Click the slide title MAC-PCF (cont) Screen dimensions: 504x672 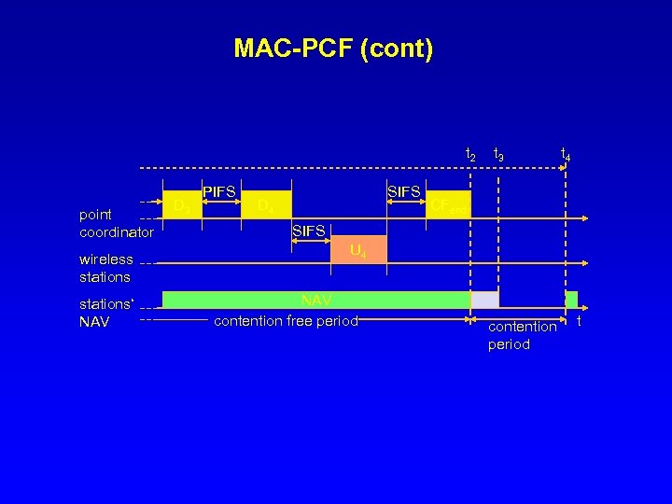click(x=333, y=48)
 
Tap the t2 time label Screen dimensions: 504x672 click(x=471, y=155)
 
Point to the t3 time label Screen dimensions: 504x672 click(x=499, y=155)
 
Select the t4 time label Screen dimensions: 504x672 click(x=566, y=155)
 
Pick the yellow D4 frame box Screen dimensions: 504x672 click(x=266, y=204)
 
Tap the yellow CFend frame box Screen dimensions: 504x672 click(x=448, y=204)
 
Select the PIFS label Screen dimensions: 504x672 click(x=219, y=192)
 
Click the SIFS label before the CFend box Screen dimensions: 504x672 click(x=404, y=192)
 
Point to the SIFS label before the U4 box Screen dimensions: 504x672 click(x=309, y=231)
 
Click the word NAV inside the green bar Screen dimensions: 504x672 click(x=316, y=300)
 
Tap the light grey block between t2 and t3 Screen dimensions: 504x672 click(x=484, y=300)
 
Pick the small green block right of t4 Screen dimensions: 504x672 click(x=571, y=300)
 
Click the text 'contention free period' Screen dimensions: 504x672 click(x=286, y=321)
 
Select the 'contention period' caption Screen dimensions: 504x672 click(x=522, y=335)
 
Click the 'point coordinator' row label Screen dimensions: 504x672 click(x=116, y=223)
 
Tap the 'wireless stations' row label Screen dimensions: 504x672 click(x=105, y=268)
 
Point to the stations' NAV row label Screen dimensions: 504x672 click(x=106, y=313)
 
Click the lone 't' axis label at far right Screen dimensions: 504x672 click(x=579, y=321)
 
